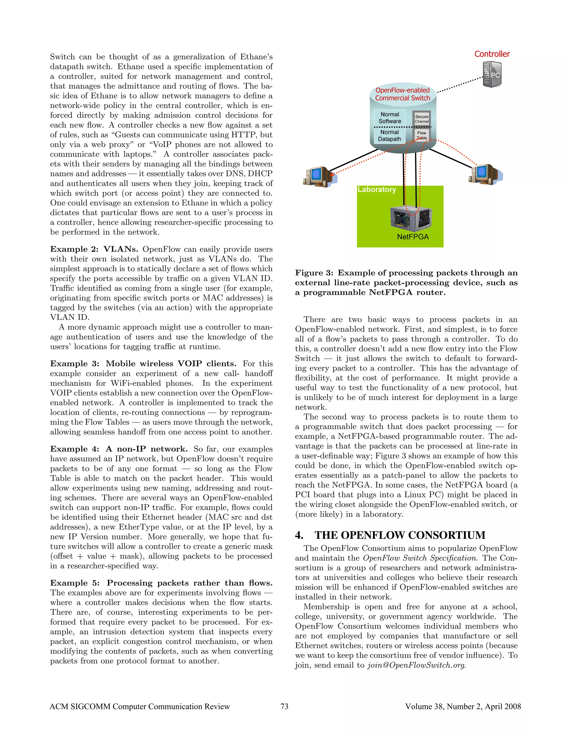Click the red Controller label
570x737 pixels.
492,54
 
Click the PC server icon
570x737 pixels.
492,75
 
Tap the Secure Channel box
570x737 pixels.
422,119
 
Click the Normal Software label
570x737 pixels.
390,118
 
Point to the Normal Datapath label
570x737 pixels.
389,136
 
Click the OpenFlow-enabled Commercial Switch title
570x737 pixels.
402,94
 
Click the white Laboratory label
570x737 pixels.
377,190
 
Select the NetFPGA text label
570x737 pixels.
413,237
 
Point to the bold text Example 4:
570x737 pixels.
75,449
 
